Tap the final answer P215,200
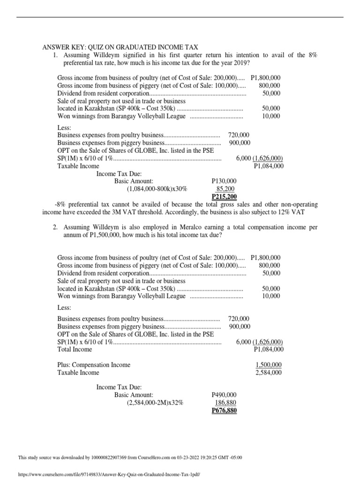(x=224, y=196)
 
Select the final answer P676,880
(x=224, y=411)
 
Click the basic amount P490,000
(x=224, y=395)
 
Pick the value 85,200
(x=225, y=188)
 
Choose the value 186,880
(x=225, y=403)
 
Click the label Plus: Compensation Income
(x=94, y=365)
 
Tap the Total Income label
(x=75, y=349)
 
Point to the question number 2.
(x=55, y=227)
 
